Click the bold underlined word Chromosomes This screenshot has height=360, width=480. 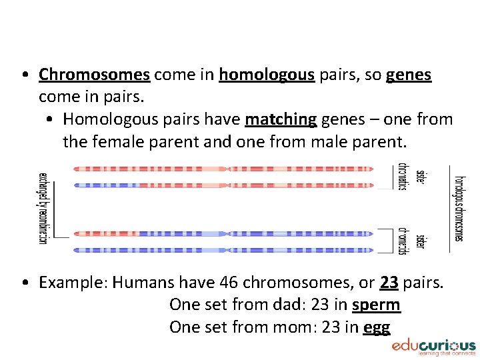[x=94, y=75]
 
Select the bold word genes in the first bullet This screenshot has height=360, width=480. [x=409, y=75]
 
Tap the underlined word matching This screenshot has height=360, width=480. [x=281, y=119]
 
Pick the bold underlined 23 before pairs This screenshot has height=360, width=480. [x=389, y=283]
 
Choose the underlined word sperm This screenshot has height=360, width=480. [x=376, y=305]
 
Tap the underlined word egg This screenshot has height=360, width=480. [x=377, y=327]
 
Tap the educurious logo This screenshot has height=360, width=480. [x=433, y=347]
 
